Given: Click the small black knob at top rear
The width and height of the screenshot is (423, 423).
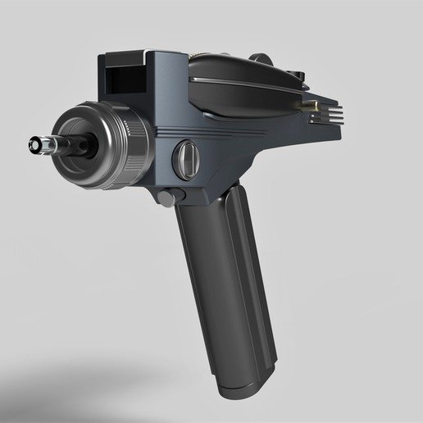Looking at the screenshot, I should pos(300,77).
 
